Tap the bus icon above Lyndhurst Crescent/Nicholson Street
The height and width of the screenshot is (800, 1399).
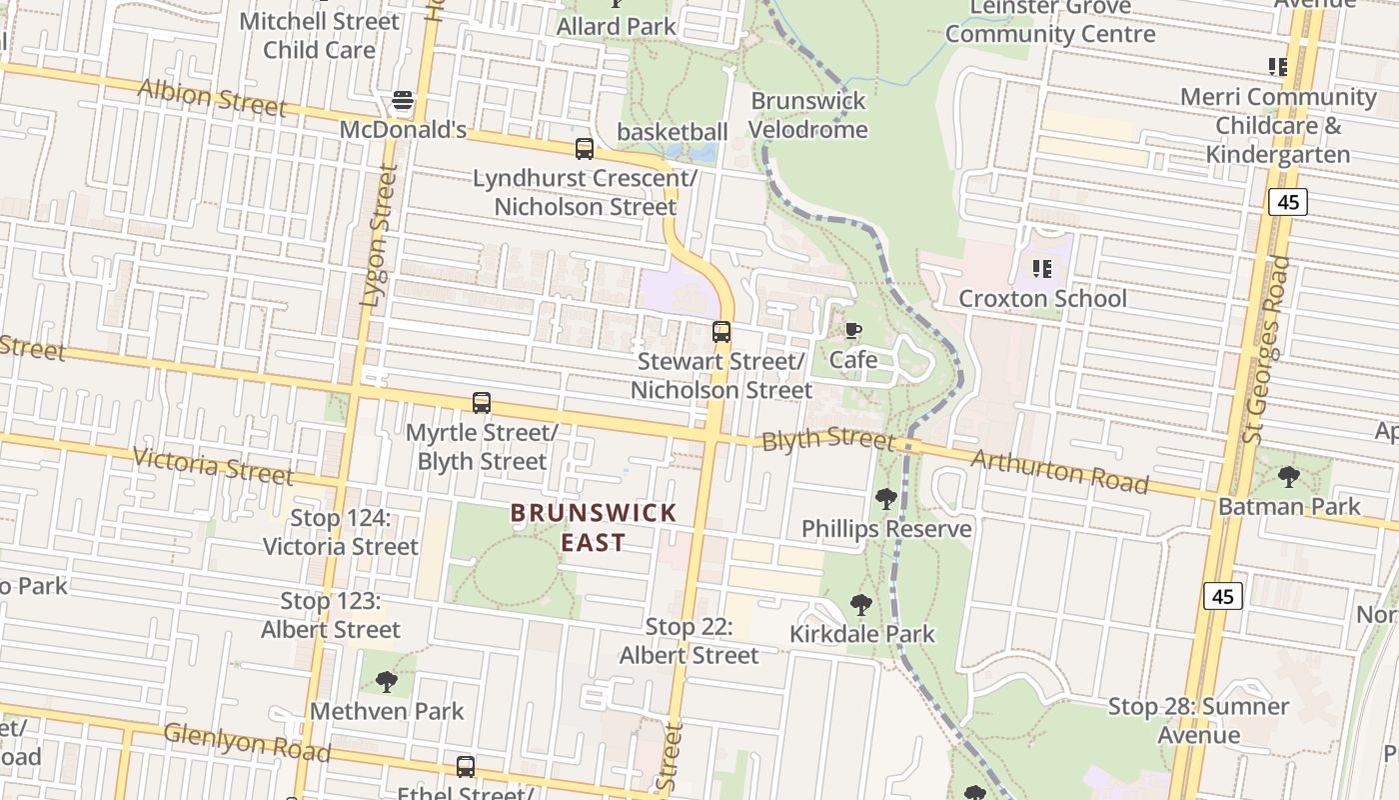point(585,149)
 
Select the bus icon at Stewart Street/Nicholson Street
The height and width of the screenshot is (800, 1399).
point(721,332)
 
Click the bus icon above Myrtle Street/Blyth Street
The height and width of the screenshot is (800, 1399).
point(482,403)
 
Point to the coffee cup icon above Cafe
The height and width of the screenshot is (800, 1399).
point(852,330)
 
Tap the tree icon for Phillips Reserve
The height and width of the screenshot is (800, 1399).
point(885,498)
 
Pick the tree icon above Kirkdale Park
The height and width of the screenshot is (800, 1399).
point(860,604)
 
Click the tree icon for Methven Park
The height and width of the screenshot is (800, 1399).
point(386,682)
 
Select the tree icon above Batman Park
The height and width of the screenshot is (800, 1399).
point(1289,476)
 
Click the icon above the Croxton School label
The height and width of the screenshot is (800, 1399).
point(1042,268)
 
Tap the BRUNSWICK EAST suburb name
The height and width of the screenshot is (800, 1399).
point(594,527)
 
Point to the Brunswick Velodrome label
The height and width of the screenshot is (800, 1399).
point(807,115)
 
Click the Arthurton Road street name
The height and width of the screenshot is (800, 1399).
point(1058,470)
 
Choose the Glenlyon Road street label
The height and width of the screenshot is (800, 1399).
point(247,742)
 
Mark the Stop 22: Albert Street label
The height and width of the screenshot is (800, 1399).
point(690,641)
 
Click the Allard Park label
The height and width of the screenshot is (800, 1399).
point(617,26)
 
